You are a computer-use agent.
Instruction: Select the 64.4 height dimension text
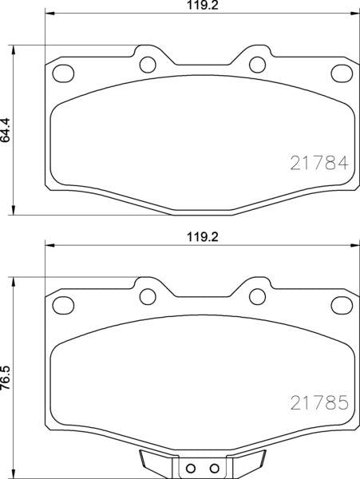click(7, 129)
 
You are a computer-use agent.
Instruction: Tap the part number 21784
click(317, 164)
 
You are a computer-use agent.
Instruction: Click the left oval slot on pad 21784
click(61, 74)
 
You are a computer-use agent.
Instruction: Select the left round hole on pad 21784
click(147, 64)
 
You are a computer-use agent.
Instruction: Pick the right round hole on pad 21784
click(255, 64)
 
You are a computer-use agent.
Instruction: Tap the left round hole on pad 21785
click(147, 297)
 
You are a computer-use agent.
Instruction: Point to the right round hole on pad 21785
click(255, 297)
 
